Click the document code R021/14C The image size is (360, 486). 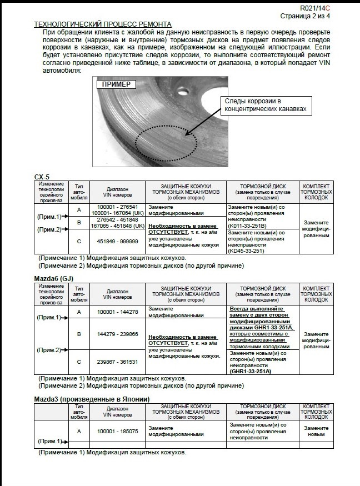[x=314, y=8]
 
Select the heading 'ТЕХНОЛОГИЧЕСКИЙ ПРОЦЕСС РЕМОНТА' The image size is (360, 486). [x=103, y=24]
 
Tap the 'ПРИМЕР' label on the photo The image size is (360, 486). [x=116, y=84]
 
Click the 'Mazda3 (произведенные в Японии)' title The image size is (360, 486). [x=91, y=399]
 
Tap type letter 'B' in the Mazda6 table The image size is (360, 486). [x=78, y=334]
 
